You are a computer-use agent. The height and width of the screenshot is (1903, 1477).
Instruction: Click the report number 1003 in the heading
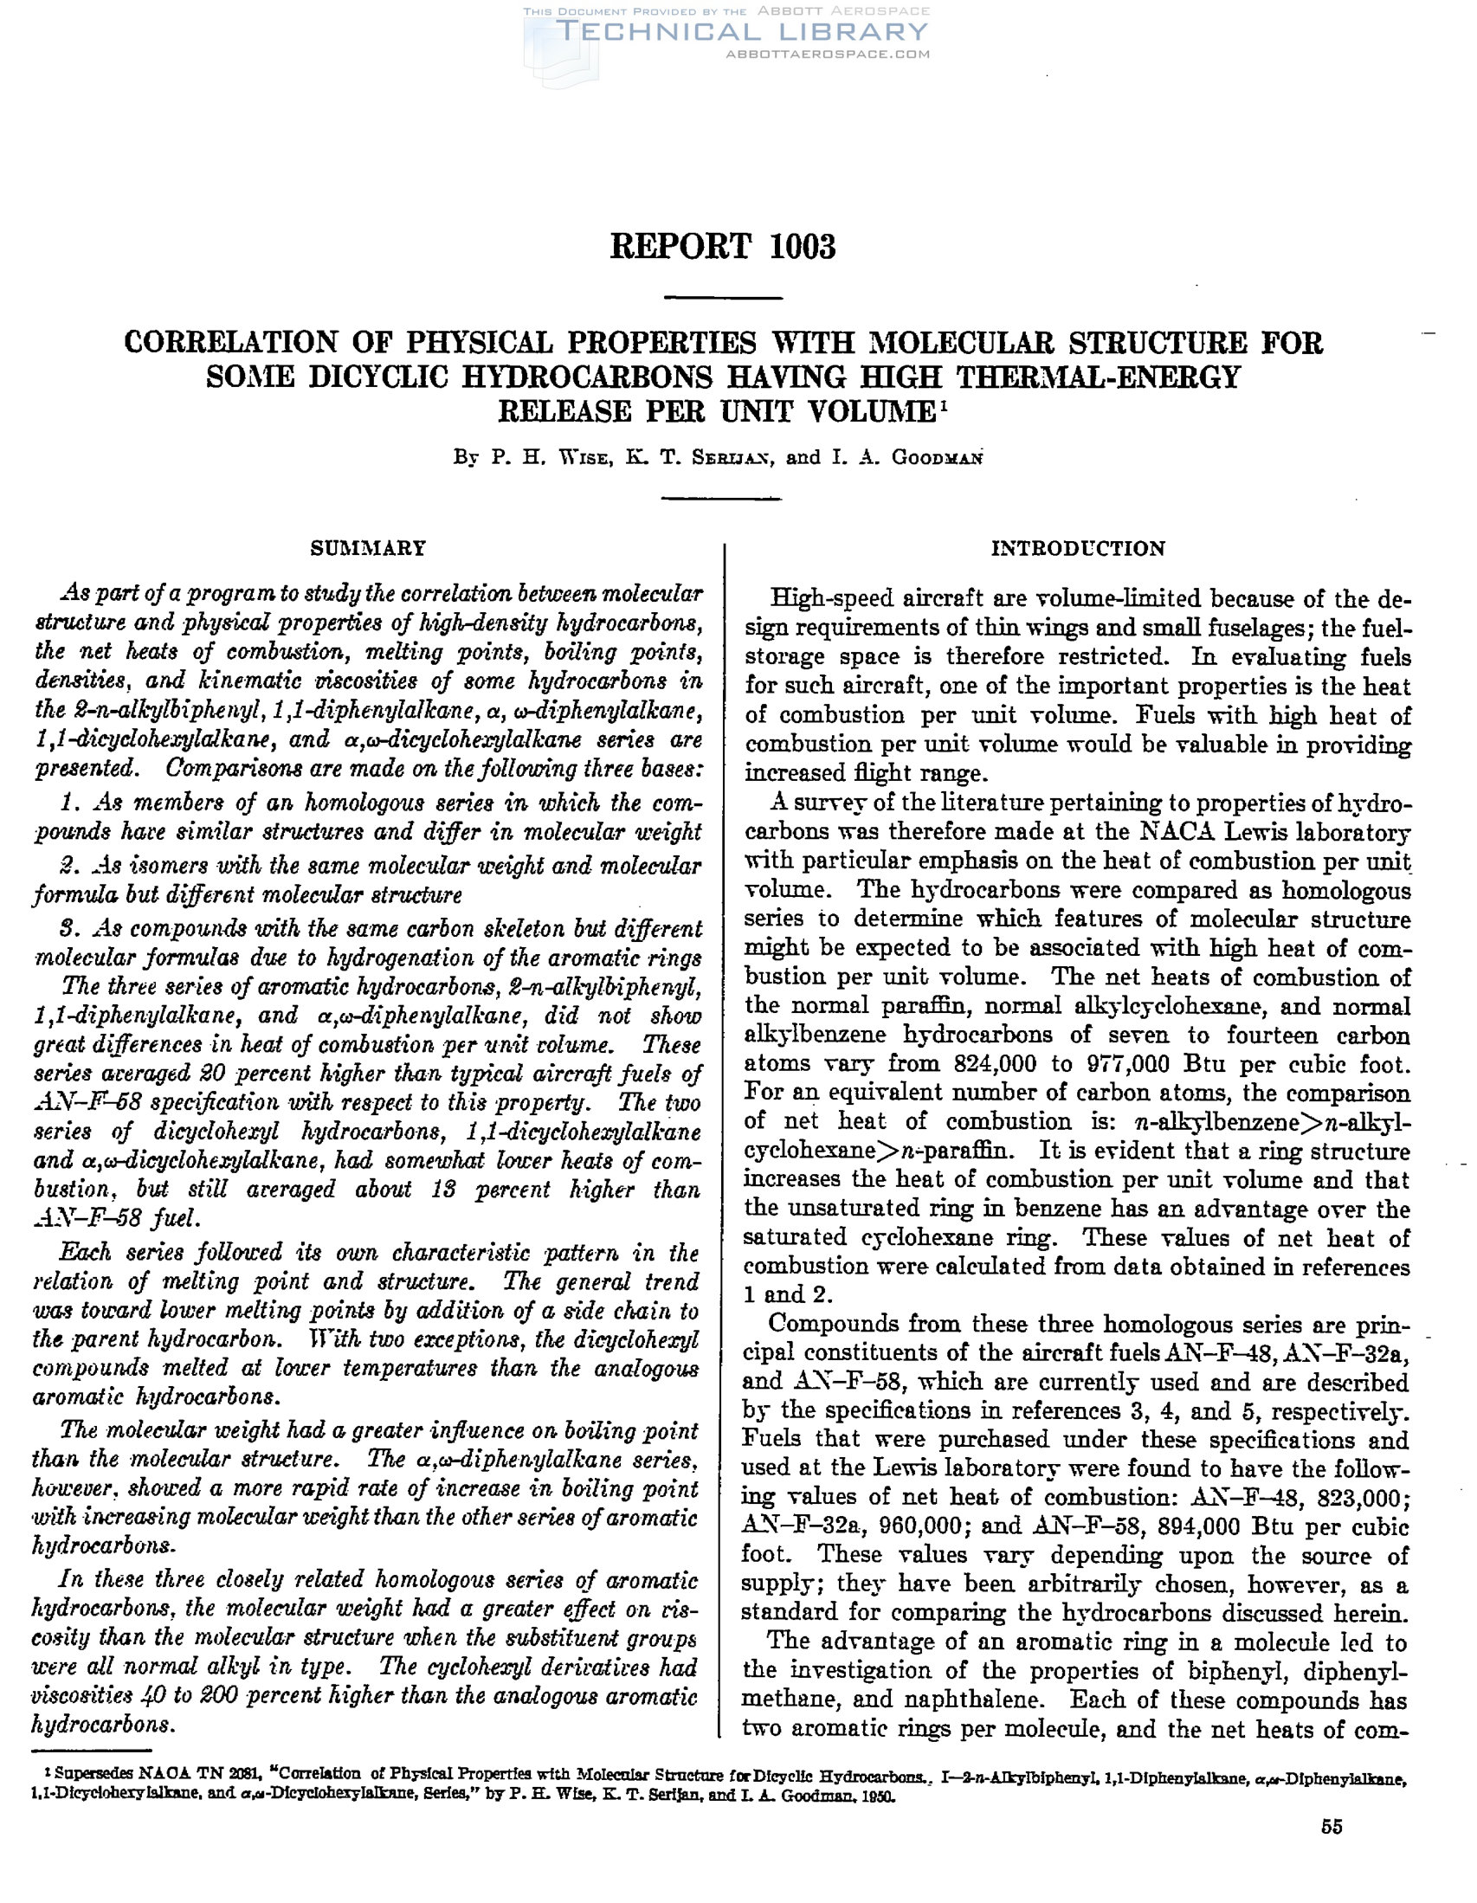coord(803,247)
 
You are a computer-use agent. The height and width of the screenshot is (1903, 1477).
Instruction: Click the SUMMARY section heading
coord(369,548)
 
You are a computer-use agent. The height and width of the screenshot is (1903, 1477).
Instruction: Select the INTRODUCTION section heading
coord(1078,548)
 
